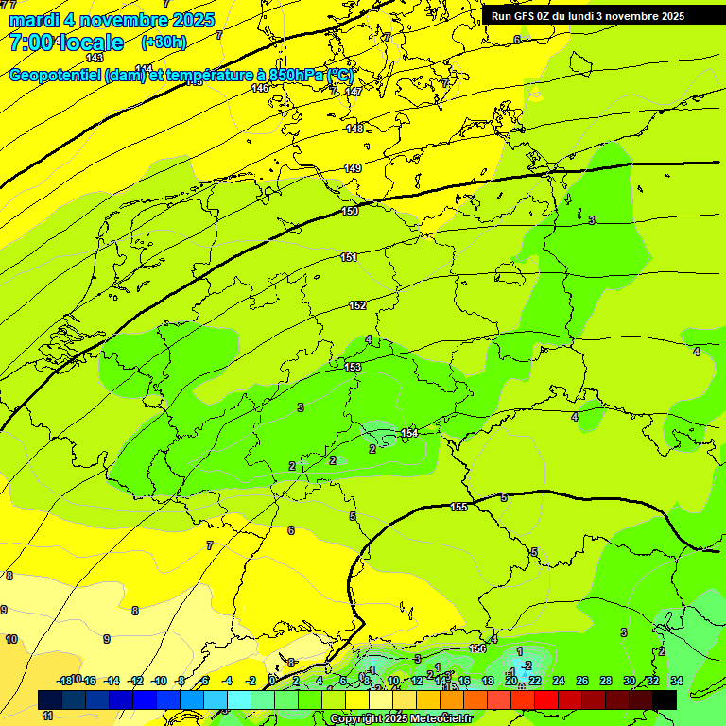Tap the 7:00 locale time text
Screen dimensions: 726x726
click(x=66, y=43)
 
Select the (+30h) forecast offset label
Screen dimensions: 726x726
click(x=164, y=43)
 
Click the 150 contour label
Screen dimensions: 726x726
click(x=351, y=211)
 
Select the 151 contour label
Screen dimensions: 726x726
click(x=349, y=257)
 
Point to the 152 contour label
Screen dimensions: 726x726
click(x=357, y=305)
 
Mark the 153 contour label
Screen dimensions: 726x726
click(x=354, y=367)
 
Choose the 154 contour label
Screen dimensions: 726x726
click(x=409, y=433)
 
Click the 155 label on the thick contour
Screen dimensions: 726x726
click(x=458, y=508)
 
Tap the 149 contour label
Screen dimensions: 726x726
click(x=353, y=168)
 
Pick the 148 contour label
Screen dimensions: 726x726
click(x=354, y=129)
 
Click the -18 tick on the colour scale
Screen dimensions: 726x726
click(x=65, y=681)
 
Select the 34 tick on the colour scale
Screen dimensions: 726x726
click(x=677, y=681)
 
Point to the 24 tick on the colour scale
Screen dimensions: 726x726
click(x=559, y=681)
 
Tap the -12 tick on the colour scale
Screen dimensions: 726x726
click(x=135, y=681)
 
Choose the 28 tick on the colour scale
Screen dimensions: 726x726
click(x=606, y=681)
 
